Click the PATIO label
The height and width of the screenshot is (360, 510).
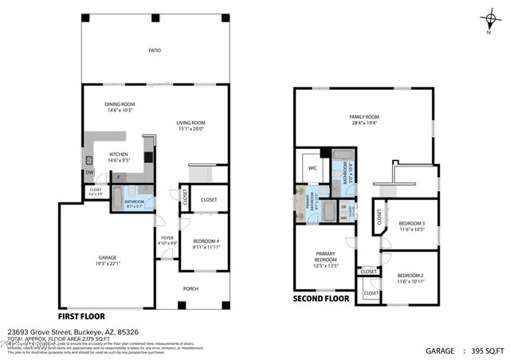[x=155, y=50]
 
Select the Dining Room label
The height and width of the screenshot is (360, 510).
[x=122, y=104]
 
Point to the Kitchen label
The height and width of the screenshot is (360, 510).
[x=118, y=154]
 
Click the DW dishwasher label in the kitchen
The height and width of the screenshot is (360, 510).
[x=89, y=172]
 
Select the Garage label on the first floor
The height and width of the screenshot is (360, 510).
[x=107, y=257]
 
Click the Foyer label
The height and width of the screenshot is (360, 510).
[x=167, y=237]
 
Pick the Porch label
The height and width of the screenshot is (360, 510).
[x=191, y=288]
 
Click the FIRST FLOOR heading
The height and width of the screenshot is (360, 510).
[x=82, y=315]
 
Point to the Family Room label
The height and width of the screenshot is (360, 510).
[x=363, y=116]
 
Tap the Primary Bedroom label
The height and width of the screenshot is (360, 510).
[x=325, y=256]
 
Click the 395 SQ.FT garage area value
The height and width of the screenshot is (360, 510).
[x=488, y=350]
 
